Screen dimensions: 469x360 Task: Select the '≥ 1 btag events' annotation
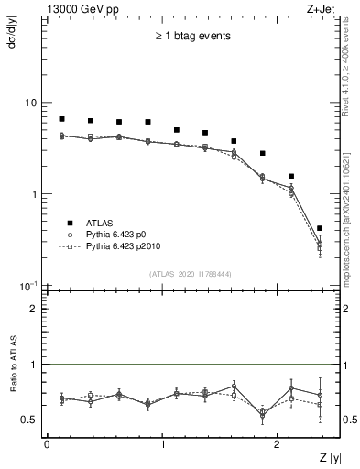click(x=192, y=37)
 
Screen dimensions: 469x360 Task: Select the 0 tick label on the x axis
click(x=47, y=444)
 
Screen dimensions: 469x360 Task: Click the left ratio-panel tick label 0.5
click(x=29, y=420)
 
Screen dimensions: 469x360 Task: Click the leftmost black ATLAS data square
click(x=61, y=119)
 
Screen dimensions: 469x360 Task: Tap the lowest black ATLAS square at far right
click(x=320, y=228)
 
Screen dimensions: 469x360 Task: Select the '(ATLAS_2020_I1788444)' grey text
click(x=190, y=274)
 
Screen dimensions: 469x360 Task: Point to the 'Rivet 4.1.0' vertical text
click(x=352, y=87)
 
